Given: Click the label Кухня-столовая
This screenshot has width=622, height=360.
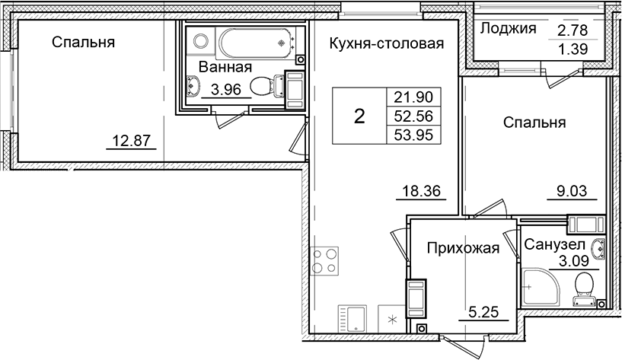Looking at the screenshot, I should tap(386, 43).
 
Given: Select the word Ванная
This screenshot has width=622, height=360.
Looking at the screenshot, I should tap(225, 68).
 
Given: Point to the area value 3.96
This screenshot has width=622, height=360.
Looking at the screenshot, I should tap(226, 90).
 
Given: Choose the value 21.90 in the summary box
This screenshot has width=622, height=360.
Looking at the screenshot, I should tap(415, 97).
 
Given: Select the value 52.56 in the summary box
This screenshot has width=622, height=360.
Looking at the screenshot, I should tap(415, 116).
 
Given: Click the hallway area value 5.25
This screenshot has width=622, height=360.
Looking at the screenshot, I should tap(481, 312).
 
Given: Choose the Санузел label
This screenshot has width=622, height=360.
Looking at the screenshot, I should tap(553, 246).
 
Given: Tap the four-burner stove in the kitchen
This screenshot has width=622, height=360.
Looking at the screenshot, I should tap(325, 261).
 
